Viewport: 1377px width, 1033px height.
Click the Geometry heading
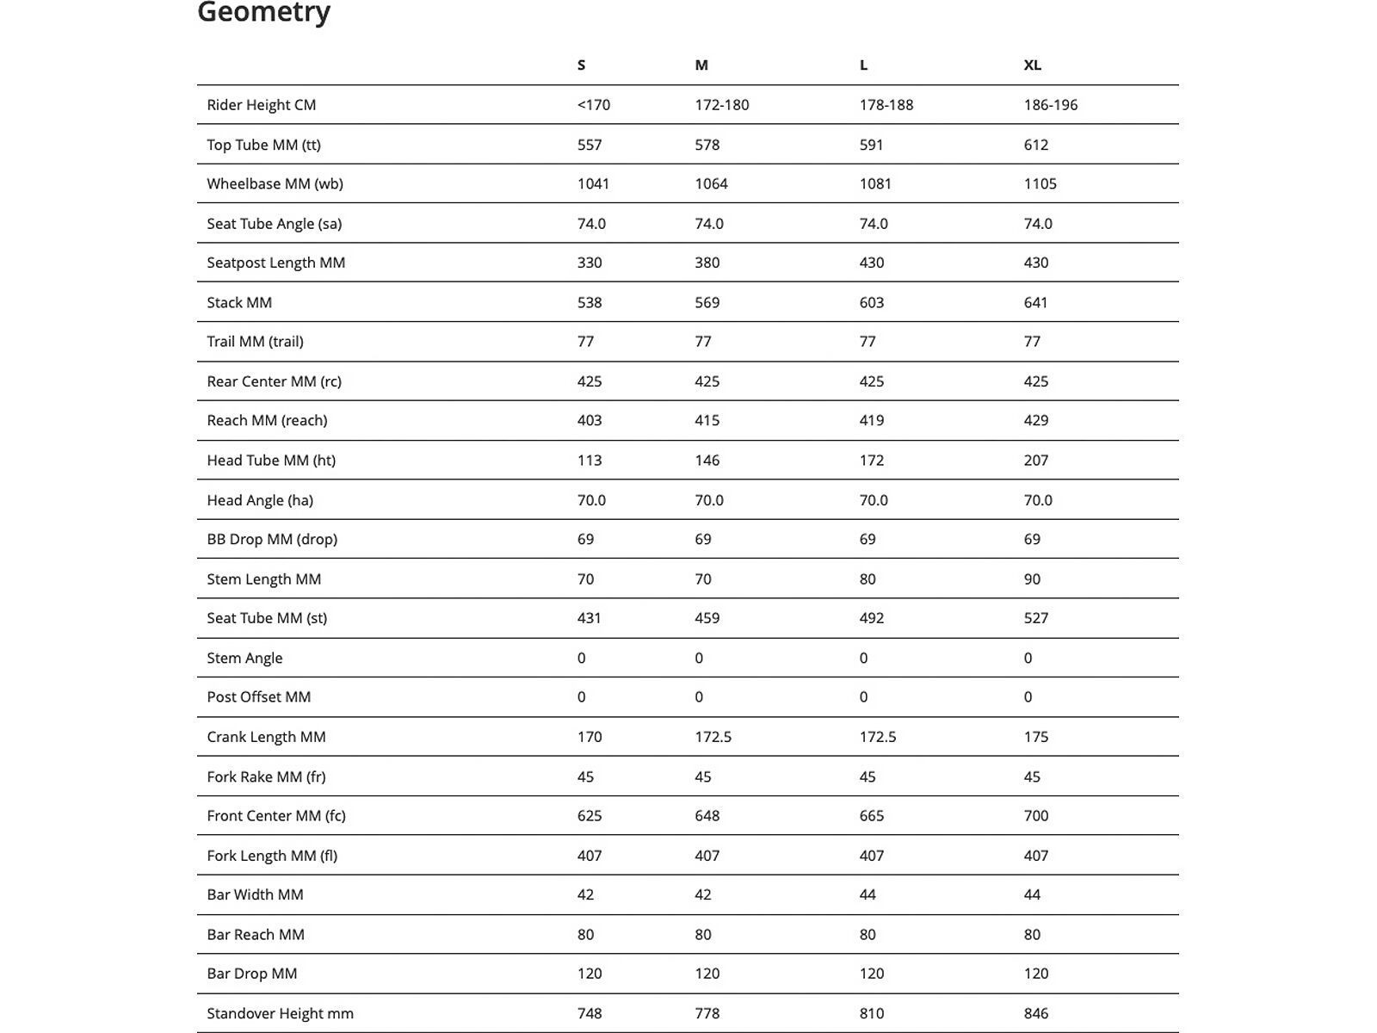[264, 13]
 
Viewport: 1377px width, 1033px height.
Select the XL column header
[1032, 65]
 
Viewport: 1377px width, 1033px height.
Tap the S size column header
[582, 65]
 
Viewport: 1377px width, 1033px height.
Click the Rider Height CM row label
[262, 105]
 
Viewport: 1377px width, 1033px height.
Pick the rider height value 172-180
[721, 105]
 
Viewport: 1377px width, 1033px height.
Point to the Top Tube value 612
[1036, 145]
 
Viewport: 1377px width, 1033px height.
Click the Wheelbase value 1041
[593, 184]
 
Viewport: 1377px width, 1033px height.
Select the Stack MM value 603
[871, 303]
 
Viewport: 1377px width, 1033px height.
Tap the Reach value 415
[707, 421]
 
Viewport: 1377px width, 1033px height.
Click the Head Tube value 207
[1036, 461]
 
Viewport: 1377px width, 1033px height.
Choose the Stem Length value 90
[1032, 579]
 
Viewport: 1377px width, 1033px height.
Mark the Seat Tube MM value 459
[707, 618]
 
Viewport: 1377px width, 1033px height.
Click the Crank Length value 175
[1036, 737]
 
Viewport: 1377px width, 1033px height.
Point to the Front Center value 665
[871, 816]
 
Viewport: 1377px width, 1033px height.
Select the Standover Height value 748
[590, 1014]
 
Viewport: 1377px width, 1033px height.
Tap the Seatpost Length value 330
[590, 263]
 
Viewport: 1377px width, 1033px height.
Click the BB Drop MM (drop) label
[272, 540]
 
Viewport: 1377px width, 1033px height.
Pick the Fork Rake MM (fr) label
[266, 777]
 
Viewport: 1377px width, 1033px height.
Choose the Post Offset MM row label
[258, 697]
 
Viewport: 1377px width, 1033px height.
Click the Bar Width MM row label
[255, 895]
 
